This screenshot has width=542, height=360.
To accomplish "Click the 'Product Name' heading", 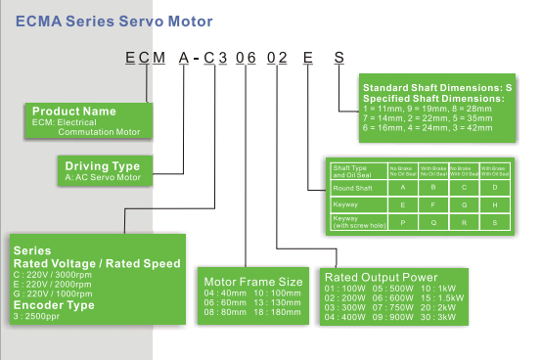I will [x=74, y=112].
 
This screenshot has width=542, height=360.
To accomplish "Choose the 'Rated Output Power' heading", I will [x=387, y=277].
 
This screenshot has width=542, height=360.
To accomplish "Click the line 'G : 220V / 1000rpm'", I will [x=55, y=294].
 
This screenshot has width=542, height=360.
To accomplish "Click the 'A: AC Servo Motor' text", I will [x=103, y=177].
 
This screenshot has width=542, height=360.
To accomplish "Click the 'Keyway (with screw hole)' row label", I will [x=358, y=220].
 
